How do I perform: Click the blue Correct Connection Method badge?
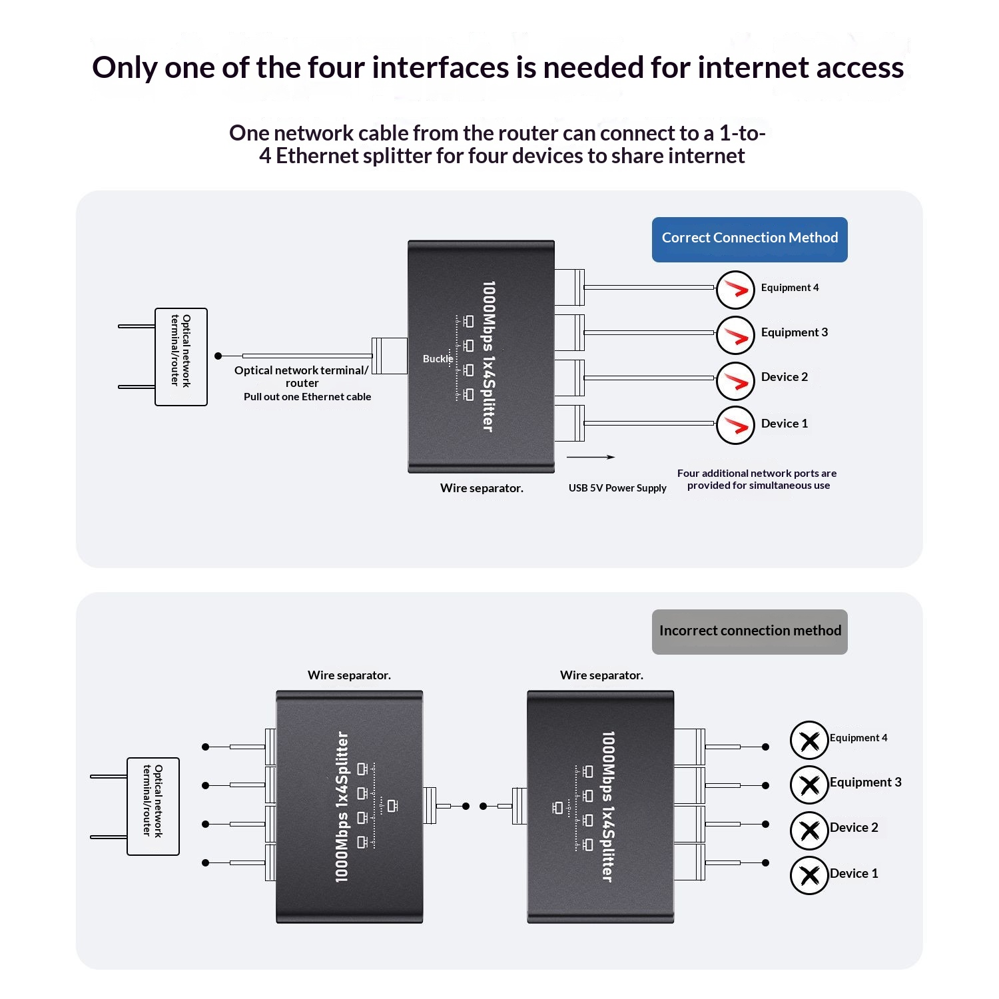(x=749, y=239)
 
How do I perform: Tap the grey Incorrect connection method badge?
(x=749, y=631)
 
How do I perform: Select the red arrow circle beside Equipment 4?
(x=735, y=290)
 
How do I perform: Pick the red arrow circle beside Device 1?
(x=735, y=425)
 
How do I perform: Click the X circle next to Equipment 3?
(x=809, y=785)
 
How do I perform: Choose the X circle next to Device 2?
(x=809, y=831)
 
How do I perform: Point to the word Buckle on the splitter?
(x=438, y=359)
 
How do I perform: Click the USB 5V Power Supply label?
(x=617, y=488)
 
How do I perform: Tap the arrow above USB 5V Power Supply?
(x=591, y=457)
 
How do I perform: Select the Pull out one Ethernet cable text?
(x=307, y=397)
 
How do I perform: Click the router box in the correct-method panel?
(x=181, y=356)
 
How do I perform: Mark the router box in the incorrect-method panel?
(x=153, y=806)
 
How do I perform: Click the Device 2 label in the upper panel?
(x=784, y=377)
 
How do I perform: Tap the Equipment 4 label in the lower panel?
(x=858, y=738)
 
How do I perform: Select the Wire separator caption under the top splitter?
(x=482, y=488)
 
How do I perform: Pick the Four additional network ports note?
(x=757, y=480)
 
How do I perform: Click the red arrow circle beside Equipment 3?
(x=735, y=335)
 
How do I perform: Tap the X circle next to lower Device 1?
(x=809, y=875)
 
